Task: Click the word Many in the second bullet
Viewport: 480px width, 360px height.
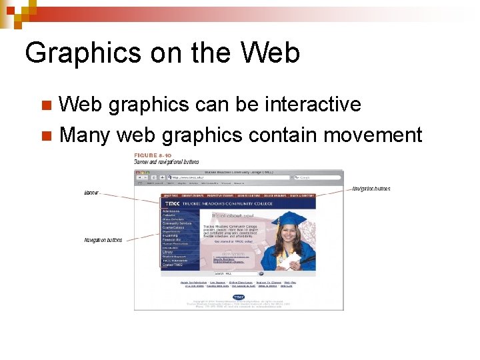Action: pyautogui.click(x=84, y=135)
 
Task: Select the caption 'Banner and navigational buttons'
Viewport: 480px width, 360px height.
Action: pyautogui.click(x=166, y=161)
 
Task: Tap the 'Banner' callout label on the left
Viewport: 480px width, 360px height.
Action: pyautogui.click(x=92, y=193)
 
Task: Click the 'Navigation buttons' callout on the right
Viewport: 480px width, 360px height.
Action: pyautogui.click(x=371, y=189)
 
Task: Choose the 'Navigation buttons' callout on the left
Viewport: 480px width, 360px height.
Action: pyautogui.click(x=103, y=240)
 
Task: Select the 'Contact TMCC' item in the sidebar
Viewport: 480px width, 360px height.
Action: pyautogui.click(x=172, y=265)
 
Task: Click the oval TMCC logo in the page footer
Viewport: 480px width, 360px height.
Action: pyautogui.click(x=239, y=297)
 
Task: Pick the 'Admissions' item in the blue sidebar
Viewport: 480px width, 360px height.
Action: pyautogui.click(x=171, y=211)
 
